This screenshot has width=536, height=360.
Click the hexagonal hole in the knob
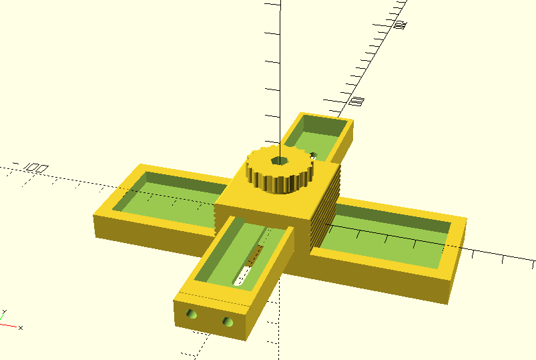(278, 162)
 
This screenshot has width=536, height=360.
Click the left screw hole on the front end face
(192, 313)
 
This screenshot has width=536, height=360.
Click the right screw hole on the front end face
(228, 322)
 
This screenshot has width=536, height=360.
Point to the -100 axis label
(33, 167)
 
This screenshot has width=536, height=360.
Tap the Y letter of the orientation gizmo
(4, 312)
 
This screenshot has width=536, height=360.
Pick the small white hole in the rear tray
(312, 158)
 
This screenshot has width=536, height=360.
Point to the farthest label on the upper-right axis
(400, 25)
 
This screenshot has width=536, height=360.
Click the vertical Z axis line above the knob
(280, 80)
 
